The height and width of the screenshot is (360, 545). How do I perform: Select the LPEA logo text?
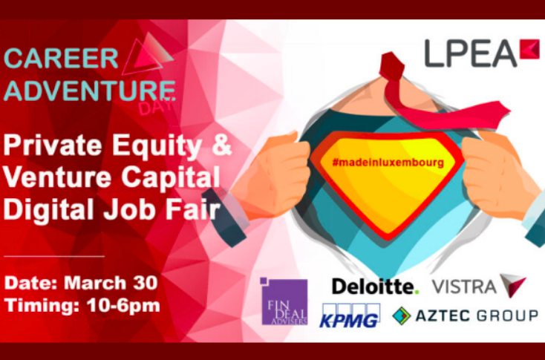tap(470, 53)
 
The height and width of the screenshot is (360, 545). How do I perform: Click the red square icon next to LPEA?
tap(529, 49)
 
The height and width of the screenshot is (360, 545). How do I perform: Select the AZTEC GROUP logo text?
tap(476, 315)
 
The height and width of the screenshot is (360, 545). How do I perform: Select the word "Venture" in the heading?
tap(53, 178)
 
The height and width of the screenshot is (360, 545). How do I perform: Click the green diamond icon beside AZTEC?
tap(402, 315)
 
